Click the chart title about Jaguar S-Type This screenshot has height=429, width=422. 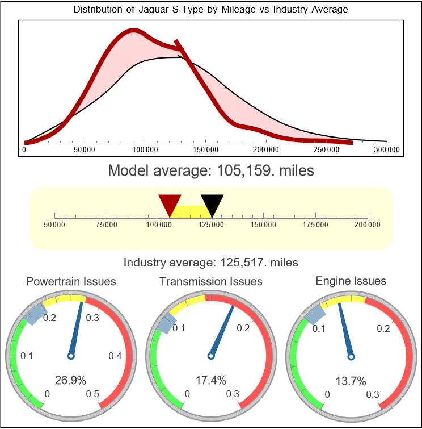pyautogui.click(x=211, y=10)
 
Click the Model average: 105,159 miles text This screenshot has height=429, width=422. pyautogui.click(x=211, y=170)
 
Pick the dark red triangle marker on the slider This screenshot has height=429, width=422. pyautogui.click(x=170, y=203)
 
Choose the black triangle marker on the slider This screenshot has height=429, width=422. pyautogui.click(x=212, y=203)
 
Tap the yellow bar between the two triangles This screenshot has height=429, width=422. pyautogui.click(x=191, y=211)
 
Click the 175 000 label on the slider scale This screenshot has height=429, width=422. pyautogui.click(x=315, y=225)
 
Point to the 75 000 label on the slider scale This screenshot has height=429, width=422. pyautogui.click(x=107, y=225)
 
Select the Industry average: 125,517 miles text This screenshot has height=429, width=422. pyautogui.click(x=211, y=263)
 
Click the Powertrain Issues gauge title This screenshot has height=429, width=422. pyautogui.click(x=71, y=281)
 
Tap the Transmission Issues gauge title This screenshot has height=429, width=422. pyautogui.click(x=211, y=281)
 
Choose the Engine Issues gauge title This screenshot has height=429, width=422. pyautogui.click(x=351, y=281)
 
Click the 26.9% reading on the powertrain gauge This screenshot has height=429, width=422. pyautogui.click(x=71, y=379)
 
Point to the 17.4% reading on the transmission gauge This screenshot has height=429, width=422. pyautogui.click(x=211, y=379)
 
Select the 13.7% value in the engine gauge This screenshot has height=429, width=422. pyautogui.click(x=351, y=380)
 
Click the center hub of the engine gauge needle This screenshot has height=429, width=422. pyautogui.click(x=351, y=356)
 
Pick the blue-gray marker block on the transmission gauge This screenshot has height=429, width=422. pyautogui.click(x=164, y=324)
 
